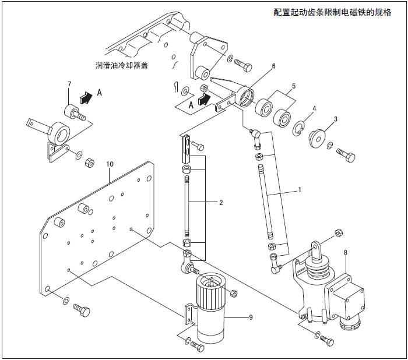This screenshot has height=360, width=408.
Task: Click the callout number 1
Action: pos(300,190)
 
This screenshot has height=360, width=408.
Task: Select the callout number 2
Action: pos(221,203)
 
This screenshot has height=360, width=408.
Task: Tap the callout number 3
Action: pos(335,119)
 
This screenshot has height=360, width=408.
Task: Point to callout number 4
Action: pos(314,109)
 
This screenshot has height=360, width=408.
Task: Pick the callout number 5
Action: pos(294,86)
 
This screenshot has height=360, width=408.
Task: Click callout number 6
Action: pos(273,66)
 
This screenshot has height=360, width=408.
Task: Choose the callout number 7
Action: pos(69,85)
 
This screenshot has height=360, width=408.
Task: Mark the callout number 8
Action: pos(346,252)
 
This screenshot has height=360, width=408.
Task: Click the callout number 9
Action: pos(250,317)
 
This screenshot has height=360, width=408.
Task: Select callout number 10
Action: pos(109,165)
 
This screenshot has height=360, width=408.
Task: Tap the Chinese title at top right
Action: pos(333,12)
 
